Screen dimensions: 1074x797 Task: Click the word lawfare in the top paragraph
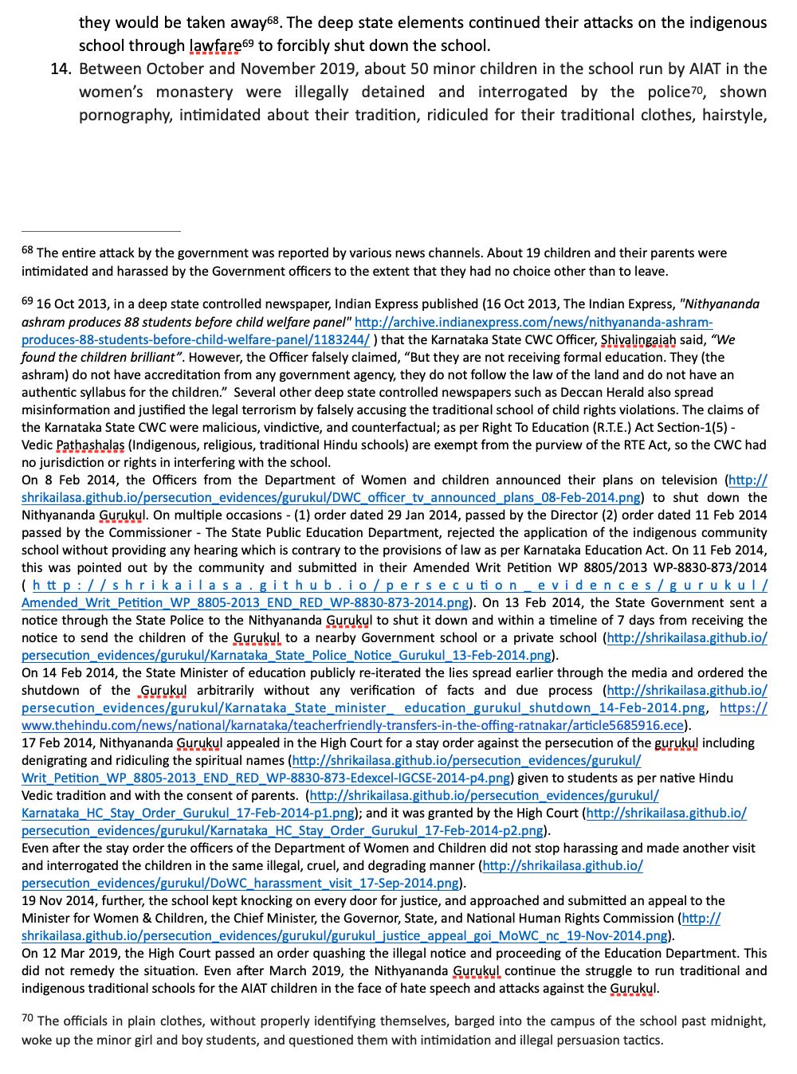tap(214, 45)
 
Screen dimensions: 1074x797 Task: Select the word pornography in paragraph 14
tap(124, 115)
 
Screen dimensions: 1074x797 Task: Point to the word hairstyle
tap(733, 115)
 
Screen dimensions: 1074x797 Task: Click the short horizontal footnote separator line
tap(101, 231)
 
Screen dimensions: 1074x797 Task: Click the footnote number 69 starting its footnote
tap(27, 301)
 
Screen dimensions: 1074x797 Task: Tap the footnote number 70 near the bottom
tap(27, 1019)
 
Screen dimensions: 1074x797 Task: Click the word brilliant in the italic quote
tap(148, 357)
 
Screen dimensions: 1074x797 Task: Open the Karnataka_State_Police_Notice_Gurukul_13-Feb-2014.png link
tap(287, 655)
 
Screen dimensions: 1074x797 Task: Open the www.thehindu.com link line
tap(351, 725)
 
